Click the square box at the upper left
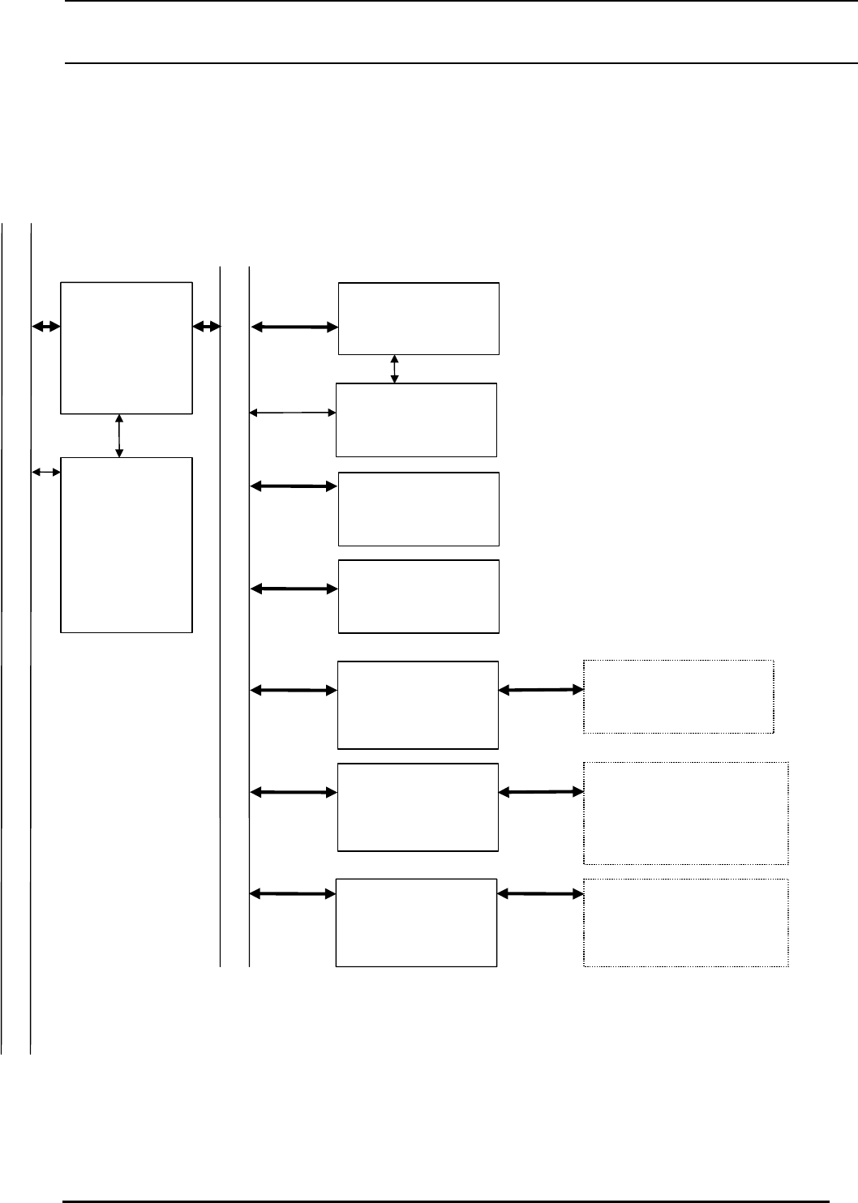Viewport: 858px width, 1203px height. (x=127, y=348)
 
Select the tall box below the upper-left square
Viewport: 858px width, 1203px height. (x=127, y=545)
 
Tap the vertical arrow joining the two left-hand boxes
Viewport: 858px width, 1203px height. (x=120, y=436)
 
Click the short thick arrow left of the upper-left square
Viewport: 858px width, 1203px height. (x=46, y=327)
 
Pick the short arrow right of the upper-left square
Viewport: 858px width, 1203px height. (x=207, y=327)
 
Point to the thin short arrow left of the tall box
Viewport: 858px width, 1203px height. (x=46, y=471)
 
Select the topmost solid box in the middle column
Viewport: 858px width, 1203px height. (x=418, y=318)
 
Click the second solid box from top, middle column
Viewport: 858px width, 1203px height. (x=416, y=420)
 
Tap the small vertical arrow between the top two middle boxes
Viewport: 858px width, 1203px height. (x=395, y=369)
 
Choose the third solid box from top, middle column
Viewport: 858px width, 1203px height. (x=418, y=509)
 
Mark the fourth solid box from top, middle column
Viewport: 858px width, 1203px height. (x=418, y=596)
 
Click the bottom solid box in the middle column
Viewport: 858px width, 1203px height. (x=416, y=922)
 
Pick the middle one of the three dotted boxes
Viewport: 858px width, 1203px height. (x=686, y=813)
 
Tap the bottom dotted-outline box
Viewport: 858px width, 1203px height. (x=686, y=923)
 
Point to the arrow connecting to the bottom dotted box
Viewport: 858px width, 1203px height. (x=541, y=893)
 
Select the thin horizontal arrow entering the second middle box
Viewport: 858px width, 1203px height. (x=293, y=413)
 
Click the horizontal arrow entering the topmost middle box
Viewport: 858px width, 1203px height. (x=294, y=327)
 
